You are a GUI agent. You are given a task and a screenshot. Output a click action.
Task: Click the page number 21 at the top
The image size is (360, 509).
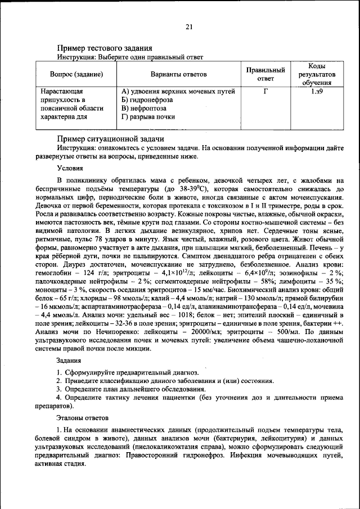pos(189,27)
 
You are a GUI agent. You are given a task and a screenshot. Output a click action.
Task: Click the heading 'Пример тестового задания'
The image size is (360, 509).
pos(105,48)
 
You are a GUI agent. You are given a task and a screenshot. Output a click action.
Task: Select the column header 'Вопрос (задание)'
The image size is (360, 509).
pos(76,74)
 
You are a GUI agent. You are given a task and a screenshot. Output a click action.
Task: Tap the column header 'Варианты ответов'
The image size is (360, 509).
pos(178,74)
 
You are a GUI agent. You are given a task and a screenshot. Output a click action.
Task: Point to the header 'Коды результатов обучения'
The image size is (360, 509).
pos(316,74)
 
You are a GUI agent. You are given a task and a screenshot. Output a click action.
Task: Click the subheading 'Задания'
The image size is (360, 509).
pos(69,360)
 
